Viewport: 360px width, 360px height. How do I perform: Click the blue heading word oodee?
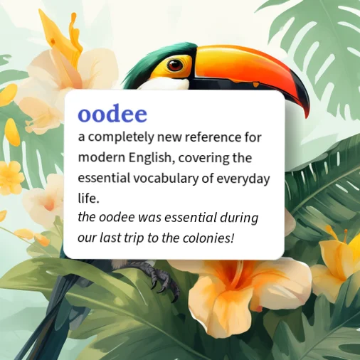click(112, 115)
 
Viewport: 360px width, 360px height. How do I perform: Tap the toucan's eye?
click(174, 65)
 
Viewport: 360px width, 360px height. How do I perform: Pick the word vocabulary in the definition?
click(164, 179)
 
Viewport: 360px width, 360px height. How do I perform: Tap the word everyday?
click(243, 179)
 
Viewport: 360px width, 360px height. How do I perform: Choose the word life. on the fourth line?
click(88, 198)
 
